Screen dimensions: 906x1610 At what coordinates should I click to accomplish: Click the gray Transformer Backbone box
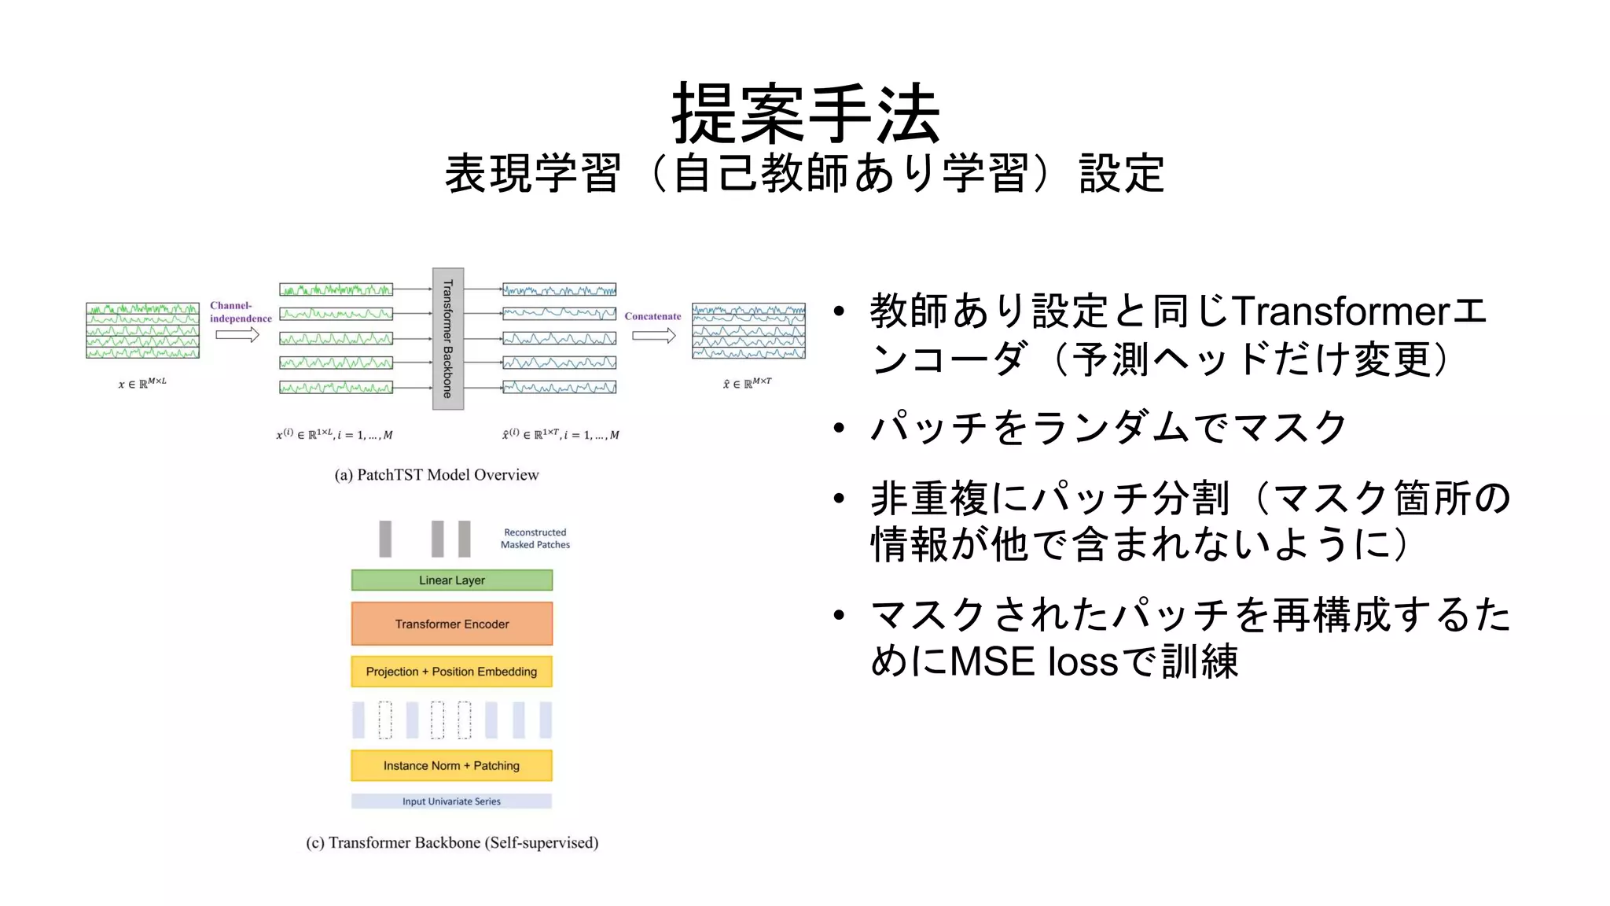[447, 338]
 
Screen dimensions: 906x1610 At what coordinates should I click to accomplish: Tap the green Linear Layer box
[451, 580]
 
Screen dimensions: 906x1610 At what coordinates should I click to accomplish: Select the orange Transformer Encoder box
[451, 624]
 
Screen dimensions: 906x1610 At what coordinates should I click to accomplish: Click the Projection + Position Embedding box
[451, 672]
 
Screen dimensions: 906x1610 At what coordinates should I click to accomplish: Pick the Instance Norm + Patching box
[451, 765]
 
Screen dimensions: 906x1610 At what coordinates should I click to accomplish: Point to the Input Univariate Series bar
[451, 801]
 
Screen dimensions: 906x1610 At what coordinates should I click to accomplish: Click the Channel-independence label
[240, 312]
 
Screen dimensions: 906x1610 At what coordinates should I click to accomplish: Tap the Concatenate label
[652, 316]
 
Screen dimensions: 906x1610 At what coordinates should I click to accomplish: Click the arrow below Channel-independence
[237, 336]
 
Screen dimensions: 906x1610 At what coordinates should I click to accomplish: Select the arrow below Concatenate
[653, 336]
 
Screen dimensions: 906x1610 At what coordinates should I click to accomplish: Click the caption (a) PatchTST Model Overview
[436, 475]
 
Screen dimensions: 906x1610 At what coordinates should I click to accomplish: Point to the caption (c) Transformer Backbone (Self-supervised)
[452, 843]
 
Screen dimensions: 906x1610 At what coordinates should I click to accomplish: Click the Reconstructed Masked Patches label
[535, 539]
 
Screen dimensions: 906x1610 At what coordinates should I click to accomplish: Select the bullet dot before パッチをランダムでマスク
[840, 428]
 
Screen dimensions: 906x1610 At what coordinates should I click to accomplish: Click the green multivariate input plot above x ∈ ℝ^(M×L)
[142, 330]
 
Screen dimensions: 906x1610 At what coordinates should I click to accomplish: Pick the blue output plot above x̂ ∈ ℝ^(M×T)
[748, 330]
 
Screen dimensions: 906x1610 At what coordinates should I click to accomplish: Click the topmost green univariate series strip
[336, 289]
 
